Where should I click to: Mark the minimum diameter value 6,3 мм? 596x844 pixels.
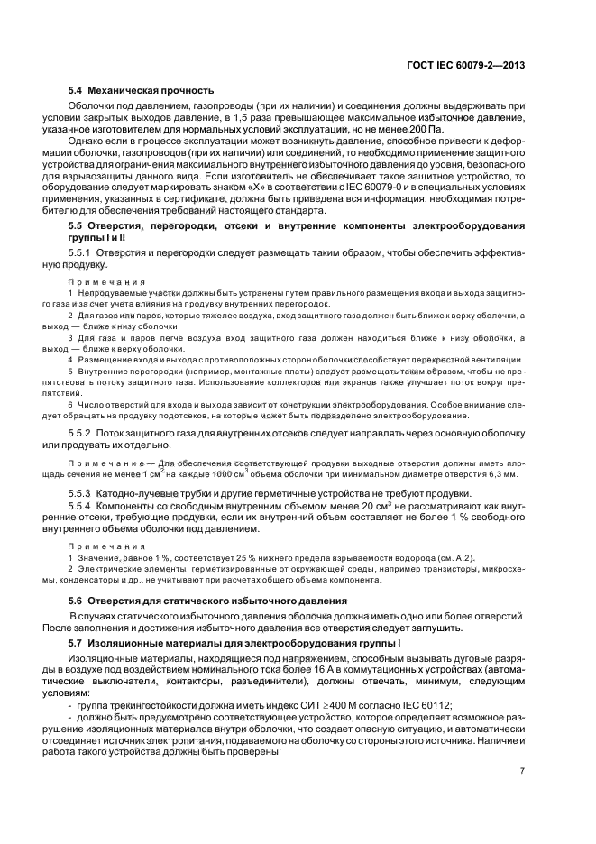tap(504, 473)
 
